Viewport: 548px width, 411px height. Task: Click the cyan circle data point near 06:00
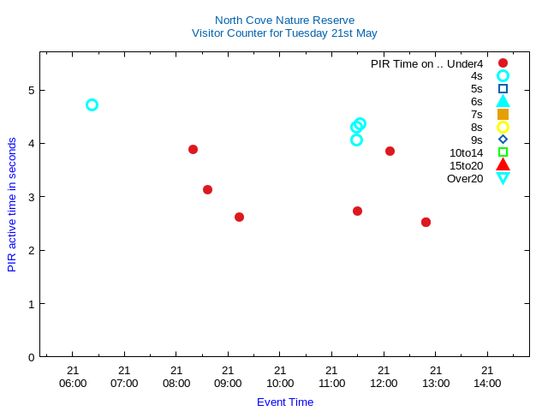coord(92,104)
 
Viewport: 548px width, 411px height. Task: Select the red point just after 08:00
coord(193,149)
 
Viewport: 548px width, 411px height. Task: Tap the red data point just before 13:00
coord(426,222)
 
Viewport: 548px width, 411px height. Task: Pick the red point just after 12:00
coord(390,151)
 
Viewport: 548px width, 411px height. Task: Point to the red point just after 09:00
coord(239,217)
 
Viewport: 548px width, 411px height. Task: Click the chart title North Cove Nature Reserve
coord(284,20)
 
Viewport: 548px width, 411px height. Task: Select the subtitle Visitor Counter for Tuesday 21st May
coord(284,33)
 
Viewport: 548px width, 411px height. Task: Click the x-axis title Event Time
coord(285,402)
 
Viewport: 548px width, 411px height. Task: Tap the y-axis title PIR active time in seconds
coord(12,205)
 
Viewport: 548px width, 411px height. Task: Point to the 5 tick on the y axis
coord(31,90)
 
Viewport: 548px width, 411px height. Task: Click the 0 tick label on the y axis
coord(31,357)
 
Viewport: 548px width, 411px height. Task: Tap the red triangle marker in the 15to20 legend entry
coord(503,164)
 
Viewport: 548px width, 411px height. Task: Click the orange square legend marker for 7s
coord(503,114)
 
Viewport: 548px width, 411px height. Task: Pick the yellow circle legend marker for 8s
coord(503,127)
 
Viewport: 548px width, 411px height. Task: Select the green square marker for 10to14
coord(503,152)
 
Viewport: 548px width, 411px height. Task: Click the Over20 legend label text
coord(465,178)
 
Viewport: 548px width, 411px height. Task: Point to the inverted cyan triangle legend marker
coord(503,178)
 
